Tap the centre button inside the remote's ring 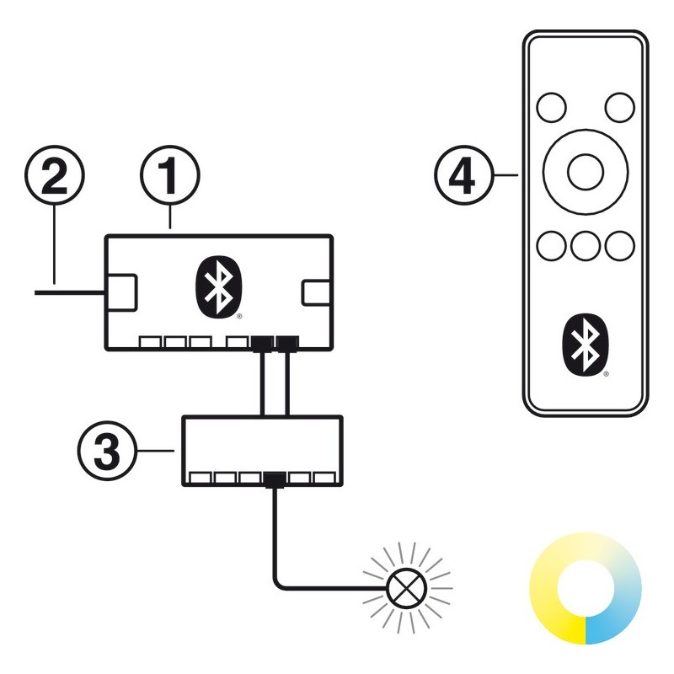pyautogui.click(x=585, y=172)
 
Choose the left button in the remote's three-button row pyautogui.click(x=551, y=245)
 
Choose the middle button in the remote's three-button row pyautogui.click(x=585, y=245)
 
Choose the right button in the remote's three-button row pyautogui.click(x=619, y=245)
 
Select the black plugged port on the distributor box pyautogui.click(x=273, y=479)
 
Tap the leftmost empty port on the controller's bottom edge pyautogui.click(x=150, y=343)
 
